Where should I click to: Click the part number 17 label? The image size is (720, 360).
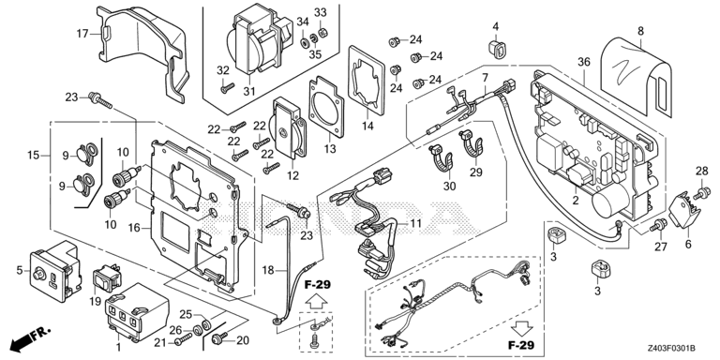point(82,33)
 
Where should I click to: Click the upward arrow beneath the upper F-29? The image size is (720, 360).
point(317,302)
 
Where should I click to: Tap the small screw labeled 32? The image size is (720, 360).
point(227,87)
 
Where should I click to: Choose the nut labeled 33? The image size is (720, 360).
point(322,32)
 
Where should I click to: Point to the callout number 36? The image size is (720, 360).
point(584,62)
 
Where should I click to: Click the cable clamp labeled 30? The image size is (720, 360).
point(442,157)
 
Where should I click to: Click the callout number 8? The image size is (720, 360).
point(640,31)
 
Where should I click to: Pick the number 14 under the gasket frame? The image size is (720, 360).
point(367,126)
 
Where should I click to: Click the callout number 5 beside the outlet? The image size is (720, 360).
point(20,270)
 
